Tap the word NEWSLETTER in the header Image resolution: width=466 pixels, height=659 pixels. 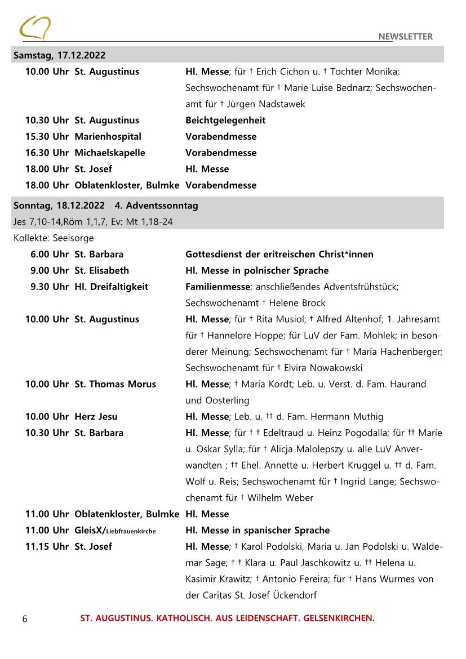pyautogui.click(x=405, y=37)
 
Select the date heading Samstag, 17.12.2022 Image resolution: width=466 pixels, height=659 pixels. pyautogui.click(x=60, y=55)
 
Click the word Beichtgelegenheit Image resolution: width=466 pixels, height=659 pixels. pyautogui.click(x=225, y=120)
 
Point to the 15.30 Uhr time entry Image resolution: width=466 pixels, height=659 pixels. pyautogui.click(x=47, y=136)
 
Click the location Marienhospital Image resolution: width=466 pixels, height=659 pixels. pyautogui.click(x=108, y=136)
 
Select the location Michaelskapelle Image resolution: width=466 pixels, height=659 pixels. pyautogui.click(x=110, y=153)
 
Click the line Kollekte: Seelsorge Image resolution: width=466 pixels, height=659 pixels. pyautogui.click(x=54, y=238)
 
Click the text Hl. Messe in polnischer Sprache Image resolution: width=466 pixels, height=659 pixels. pyautogui.click(x=257, y=270)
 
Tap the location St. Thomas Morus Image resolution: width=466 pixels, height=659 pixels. pyautogui.click(x=116, y=384)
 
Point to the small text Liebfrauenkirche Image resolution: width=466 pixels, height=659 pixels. pyautogui.click(x=131, y=531)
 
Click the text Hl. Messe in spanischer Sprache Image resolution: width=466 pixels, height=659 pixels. pyautogui.click(x=258, y=530)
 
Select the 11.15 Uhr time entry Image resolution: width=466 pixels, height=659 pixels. pyautogui.click(x=47, y=546)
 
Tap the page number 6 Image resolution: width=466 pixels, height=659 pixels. pyautogui.click(x=25, y=619)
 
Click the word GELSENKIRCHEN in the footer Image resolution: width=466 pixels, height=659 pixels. pyautogui.click(x=339, y=618)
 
